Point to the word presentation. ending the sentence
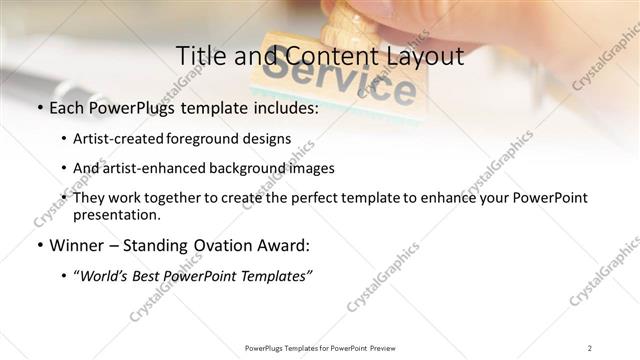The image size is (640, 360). tap(116, 214)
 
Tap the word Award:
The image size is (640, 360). tap(285, 245)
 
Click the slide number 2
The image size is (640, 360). tap(589, 348)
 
